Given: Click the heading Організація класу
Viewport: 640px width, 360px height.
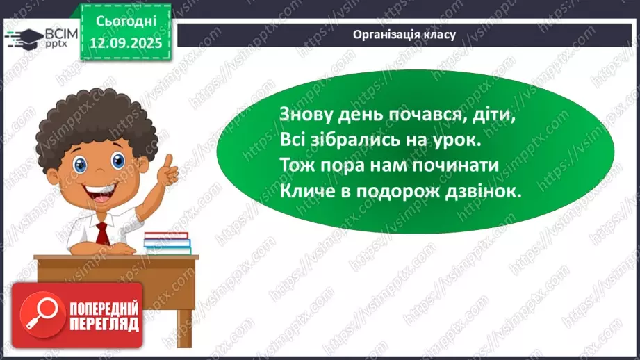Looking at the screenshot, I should (404, 34).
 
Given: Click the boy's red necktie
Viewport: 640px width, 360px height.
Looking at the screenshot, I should (101, 233).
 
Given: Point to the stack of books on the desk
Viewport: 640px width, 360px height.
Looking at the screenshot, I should (167, 241).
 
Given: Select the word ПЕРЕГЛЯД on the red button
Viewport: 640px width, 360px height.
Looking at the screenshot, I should (103, 324).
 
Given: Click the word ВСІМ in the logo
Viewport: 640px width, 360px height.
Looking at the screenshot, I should (60, 33).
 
